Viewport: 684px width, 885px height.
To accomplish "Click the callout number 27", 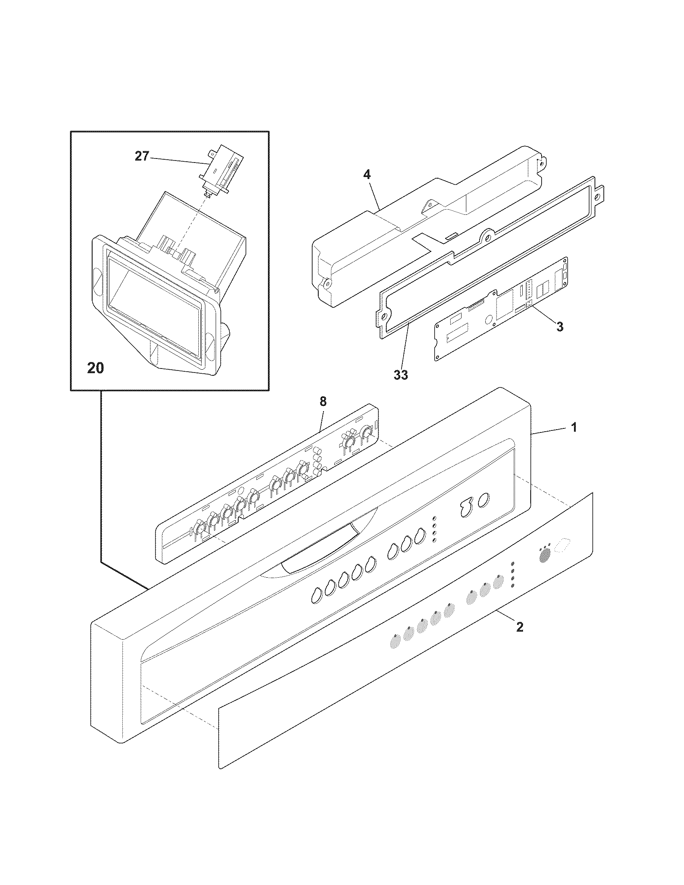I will click(x=142, y=156).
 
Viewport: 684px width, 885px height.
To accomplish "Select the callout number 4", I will click(x=367, y=175).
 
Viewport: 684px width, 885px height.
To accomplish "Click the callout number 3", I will click(x=559, y=327).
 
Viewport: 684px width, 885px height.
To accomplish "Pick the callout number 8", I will click(x=323, y=401).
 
